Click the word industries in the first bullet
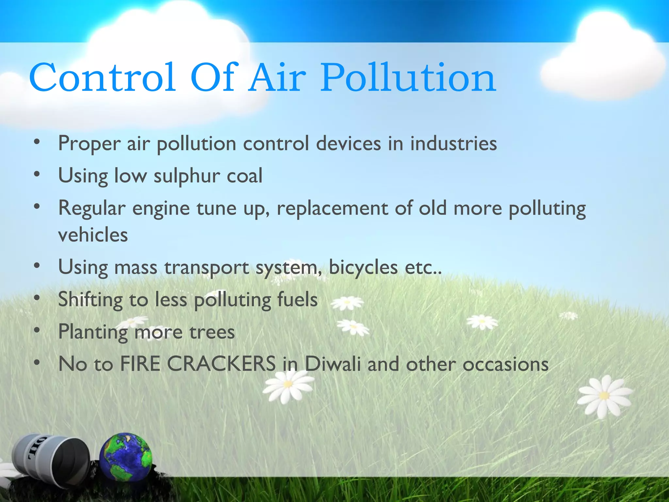coord(453,144)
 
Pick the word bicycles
coord(363,267)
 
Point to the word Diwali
coord(333,364)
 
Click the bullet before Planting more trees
coord(37,331)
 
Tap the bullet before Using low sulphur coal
coord(37,174)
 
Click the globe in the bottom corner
coord(126,457)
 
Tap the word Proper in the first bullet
coord(89,144)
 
